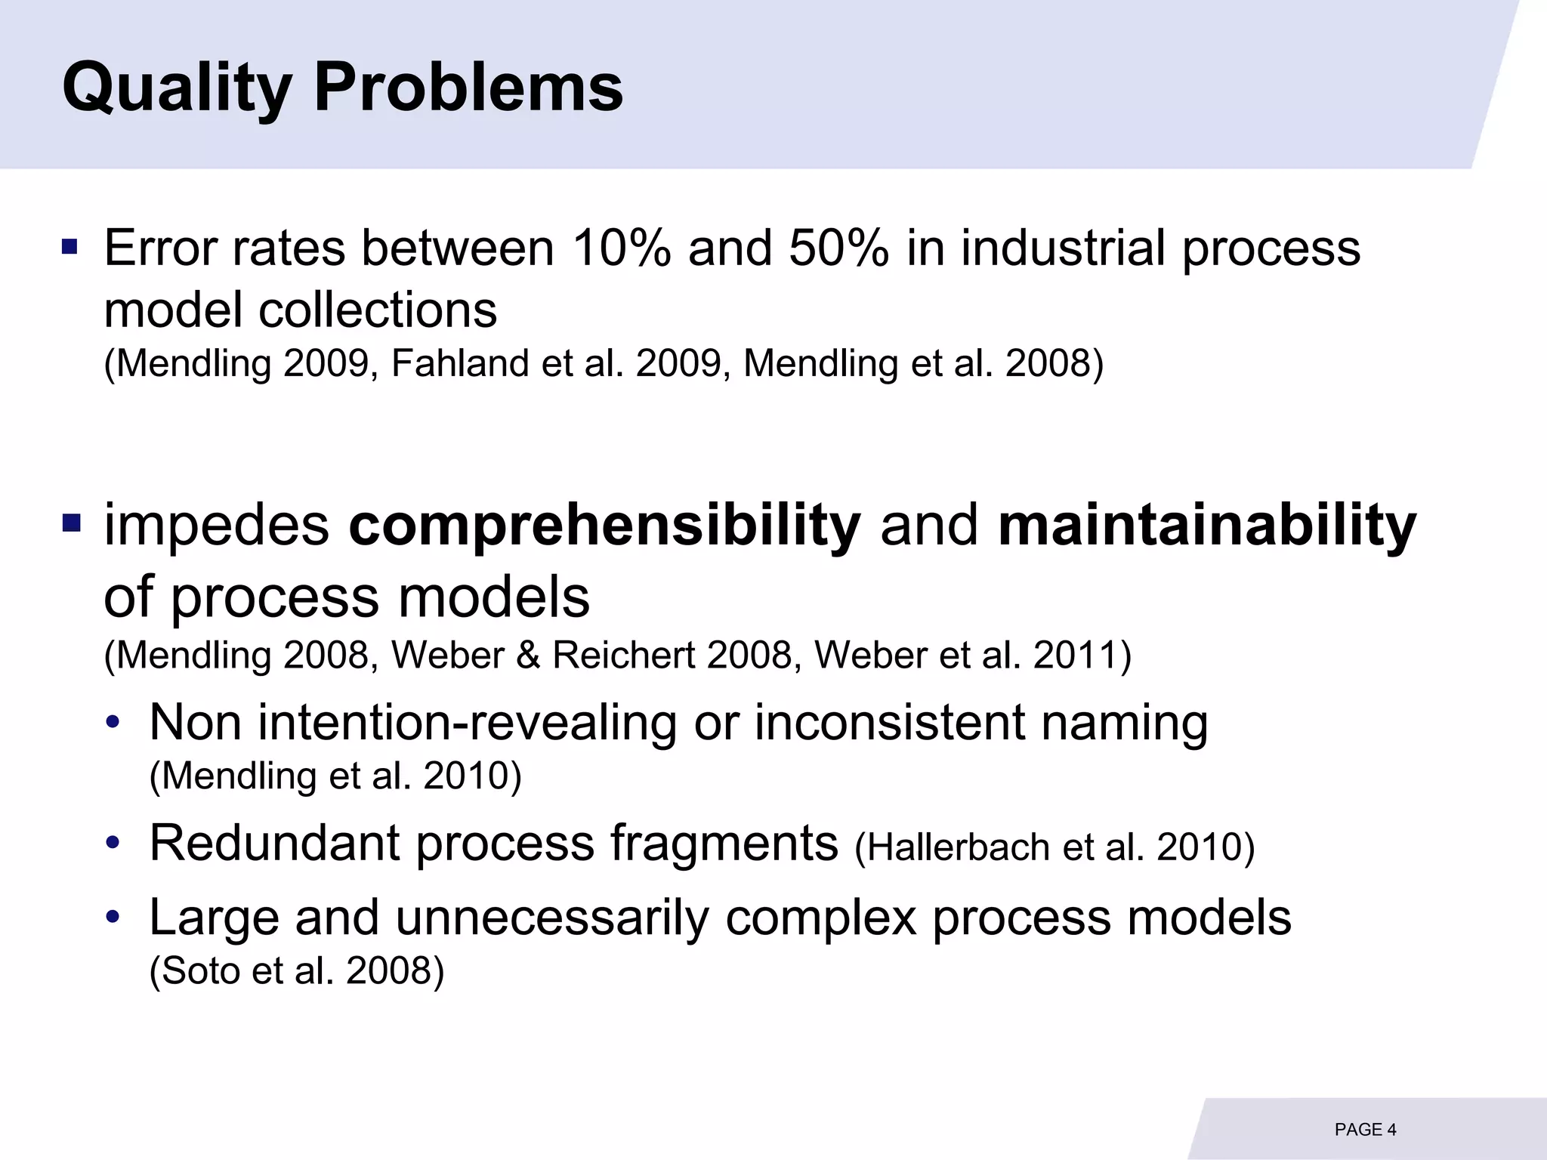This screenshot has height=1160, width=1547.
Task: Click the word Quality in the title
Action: (x=177, y=88)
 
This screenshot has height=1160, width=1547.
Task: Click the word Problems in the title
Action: (x=468, y=88)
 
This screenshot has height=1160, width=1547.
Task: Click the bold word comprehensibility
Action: (x=604, y=526)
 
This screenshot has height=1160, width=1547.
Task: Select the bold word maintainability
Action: (x=1206, y=526)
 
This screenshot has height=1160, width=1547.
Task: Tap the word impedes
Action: (x=217, y=526)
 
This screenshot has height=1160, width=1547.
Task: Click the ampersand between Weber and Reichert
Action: (x=528, y=655)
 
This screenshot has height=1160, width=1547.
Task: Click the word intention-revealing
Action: (x=468, y=723)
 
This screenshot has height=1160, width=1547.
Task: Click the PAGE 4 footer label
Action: (x=1365, y=1130)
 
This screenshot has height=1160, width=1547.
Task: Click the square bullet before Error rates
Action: (x=69, y=247)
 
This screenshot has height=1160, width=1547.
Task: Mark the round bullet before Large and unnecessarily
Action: (x=113, y=918)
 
